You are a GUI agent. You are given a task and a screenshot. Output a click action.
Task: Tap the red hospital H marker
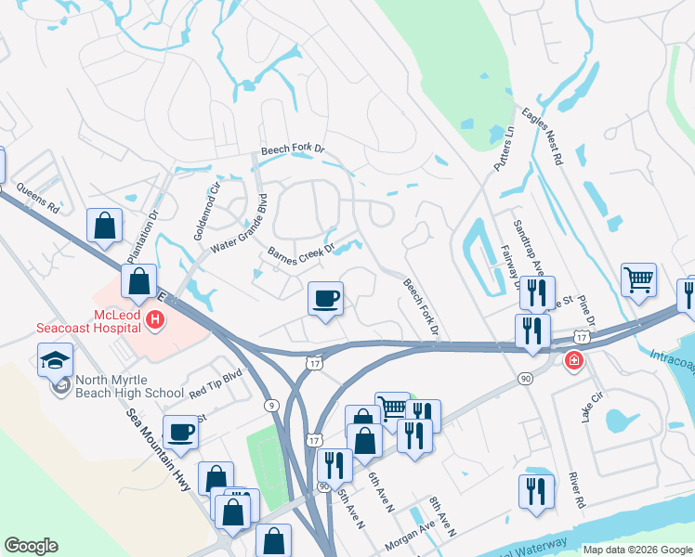tap(155, 321)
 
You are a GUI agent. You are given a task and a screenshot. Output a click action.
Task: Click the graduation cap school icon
tap(55, 358)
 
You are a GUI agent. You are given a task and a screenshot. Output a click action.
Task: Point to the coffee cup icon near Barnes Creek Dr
tap(325, 298)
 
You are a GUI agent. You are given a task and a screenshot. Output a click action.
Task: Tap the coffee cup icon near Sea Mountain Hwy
tap(180, 432)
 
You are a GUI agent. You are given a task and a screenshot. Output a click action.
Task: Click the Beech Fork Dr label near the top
tap(293, 149)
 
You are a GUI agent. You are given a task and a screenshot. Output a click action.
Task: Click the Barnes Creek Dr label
tap(300, 253)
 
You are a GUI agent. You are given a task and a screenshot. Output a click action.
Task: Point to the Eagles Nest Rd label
tap(543, 137)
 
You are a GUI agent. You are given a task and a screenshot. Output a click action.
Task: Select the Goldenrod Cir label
tap(206, 213)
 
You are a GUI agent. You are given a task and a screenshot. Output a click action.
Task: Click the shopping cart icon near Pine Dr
tap(638, 278)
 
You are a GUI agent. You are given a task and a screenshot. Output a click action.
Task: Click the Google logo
tap(31, 546)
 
